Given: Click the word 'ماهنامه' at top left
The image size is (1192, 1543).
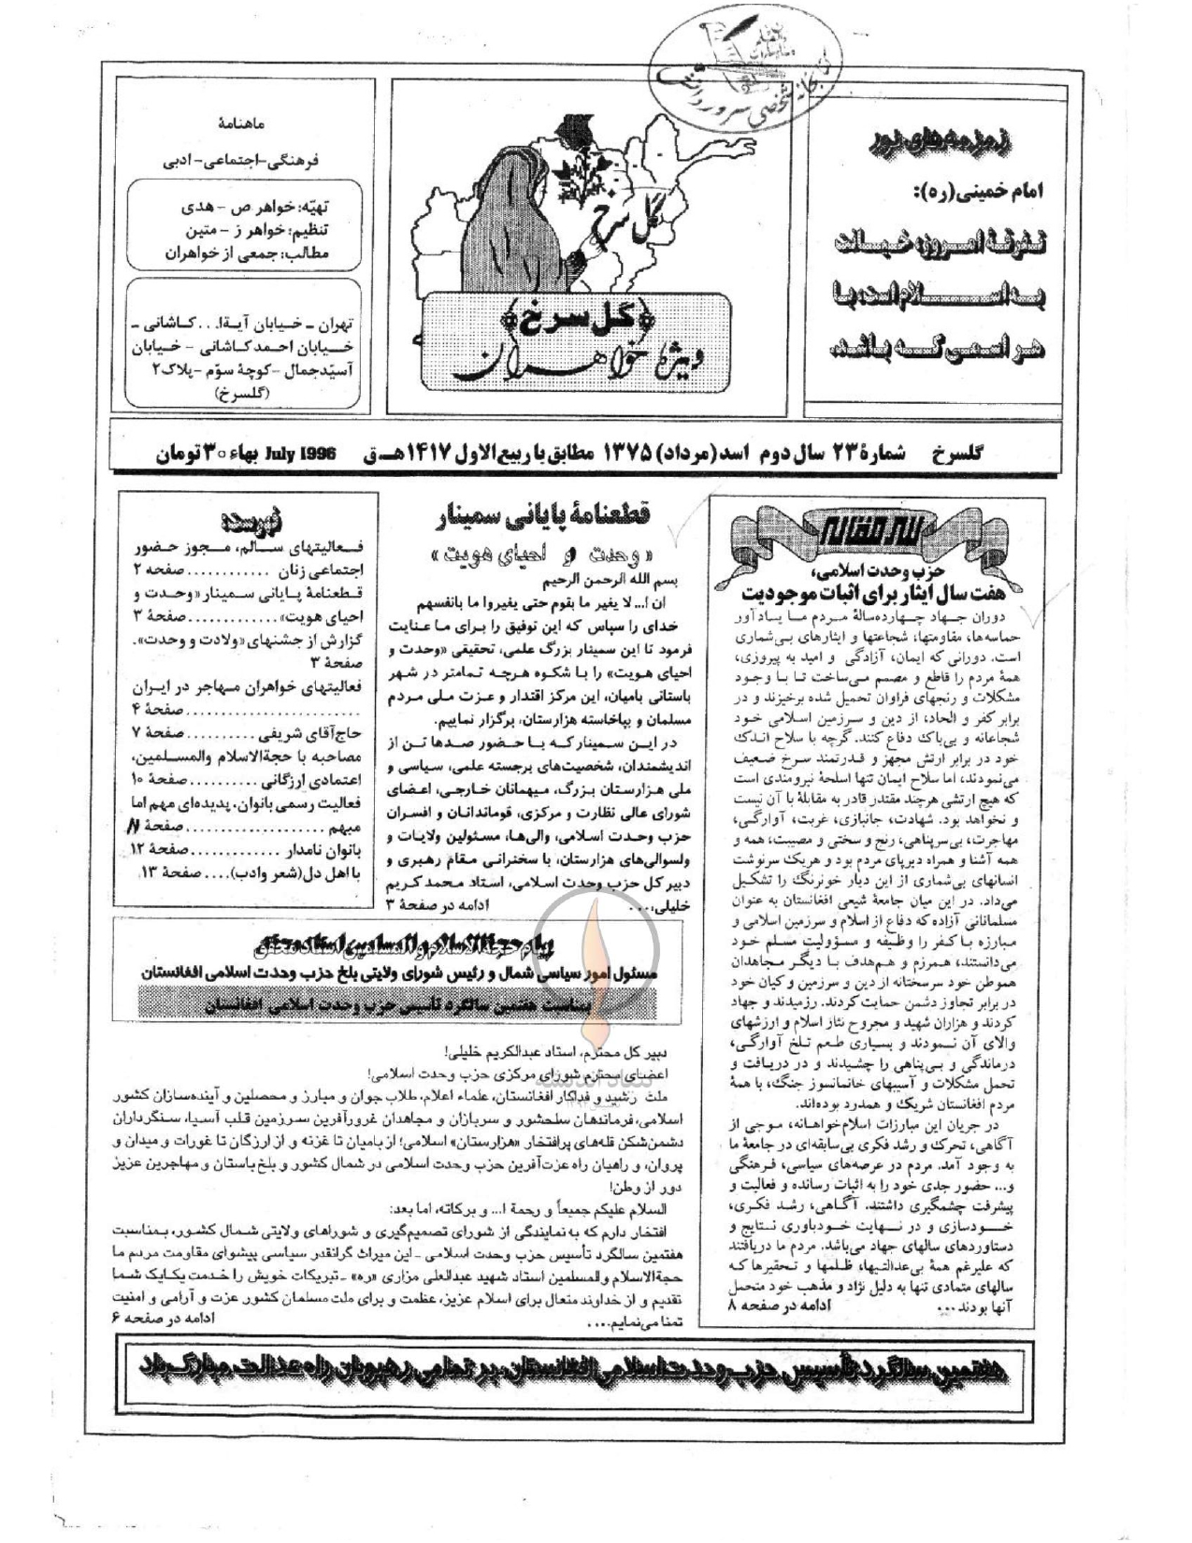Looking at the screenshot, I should coord(240,123).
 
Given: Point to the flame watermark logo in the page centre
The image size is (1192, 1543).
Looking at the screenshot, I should coord(596,936).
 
